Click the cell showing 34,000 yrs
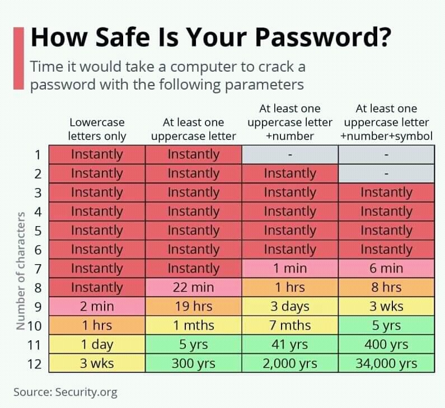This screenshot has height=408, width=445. pos(386,363)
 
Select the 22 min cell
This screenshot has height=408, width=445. pos(193,288)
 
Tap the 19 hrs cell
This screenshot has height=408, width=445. pos(193,307)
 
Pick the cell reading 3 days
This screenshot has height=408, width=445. pos(290,307)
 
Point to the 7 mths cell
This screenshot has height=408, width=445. pos(290,325)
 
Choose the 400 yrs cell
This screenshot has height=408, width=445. pos(386,344)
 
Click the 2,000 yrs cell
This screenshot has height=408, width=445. pos(290,363)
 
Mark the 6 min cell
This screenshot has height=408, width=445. pos(386,269)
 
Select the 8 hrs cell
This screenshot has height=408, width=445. pos(386,288)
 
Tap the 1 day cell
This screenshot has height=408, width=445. pos(97,344)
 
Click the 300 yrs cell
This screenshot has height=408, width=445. pos(193,363)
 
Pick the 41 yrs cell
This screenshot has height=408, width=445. pos(290,344)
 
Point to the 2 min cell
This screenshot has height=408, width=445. pos(97,307)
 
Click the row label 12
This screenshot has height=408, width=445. pos(34,364)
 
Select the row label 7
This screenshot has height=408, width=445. pos(38,269)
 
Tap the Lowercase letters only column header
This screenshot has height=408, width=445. pos(97,129)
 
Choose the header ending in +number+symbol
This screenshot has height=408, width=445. pos(386,122)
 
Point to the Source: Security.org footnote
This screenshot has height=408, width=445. pos(65,392)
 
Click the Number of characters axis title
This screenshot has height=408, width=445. pos(21,271)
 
